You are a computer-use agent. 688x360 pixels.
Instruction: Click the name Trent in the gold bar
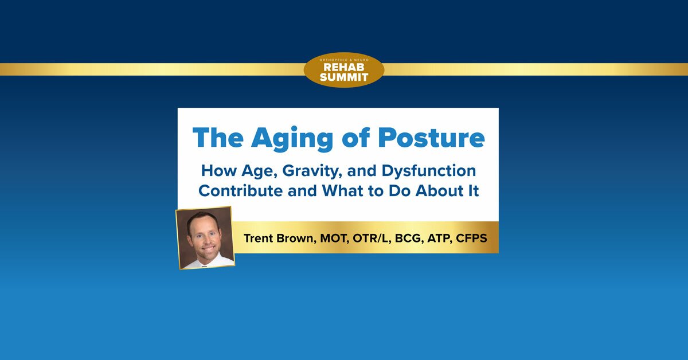pyautogui.click(x=261, y=237)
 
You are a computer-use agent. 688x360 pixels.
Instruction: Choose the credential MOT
pyautogui.click(x=338, y=237)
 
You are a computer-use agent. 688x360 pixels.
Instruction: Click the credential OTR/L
pyautogui.click(x=376, y=237)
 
